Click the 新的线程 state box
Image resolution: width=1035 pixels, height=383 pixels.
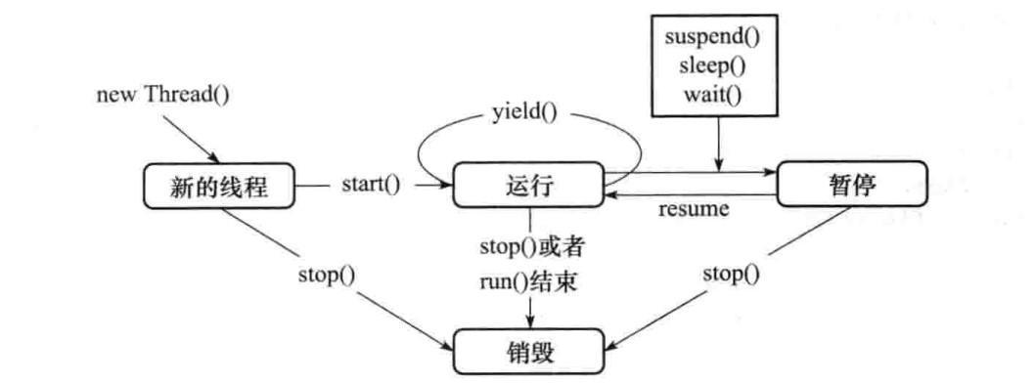coord(217,186)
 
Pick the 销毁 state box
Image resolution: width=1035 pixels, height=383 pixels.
coord(528,350)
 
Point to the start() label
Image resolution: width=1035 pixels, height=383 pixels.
coord(371,185)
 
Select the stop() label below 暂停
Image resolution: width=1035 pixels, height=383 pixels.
coord(731,273)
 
